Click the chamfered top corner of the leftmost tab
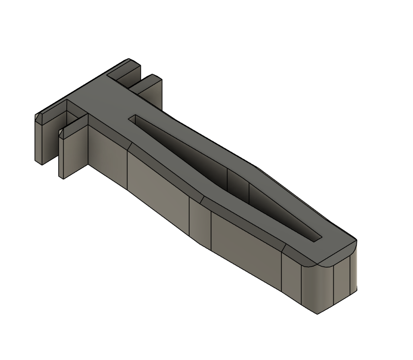[x=38, y=118]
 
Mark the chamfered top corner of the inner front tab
[x=61, y=134]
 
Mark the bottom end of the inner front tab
[x=62, y=175]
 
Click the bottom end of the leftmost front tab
[x=38, y=161]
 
